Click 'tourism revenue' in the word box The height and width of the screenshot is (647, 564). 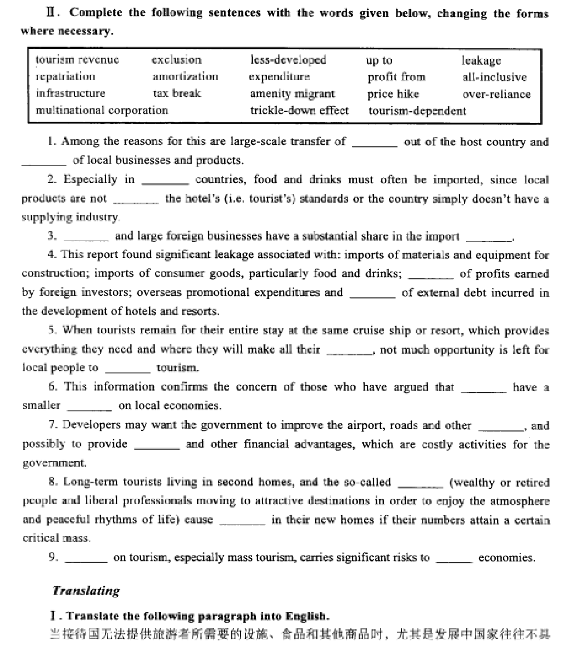click(x=77, y=60)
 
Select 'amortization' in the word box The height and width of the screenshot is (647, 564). click(x=185, y=77)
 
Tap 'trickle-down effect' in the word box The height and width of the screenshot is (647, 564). click(x=299, y=110)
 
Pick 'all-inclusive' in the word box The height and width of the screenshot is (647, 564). click(x=494, y=77)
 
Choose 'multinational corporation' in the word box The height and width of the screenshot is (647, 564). click(x=102, y=110)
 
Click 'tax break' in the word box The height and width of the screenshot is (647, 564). click(x=177, y=93)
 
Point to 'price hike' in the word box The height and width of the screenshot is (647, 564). click(x=393, y=94)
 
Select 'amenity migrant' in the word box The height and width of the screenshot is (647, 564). click(x=292, y=94)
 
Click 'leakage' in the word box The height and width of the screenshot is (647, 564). click(x=481, y=60)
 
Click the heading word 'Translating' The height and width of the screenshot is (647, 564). click(x=86, y=591)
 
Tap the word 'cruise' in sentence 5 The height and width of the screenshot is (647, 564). click(x=416, y=331)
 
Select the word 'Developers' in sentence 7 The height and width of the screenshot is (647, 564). click(x=88, y=425)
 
